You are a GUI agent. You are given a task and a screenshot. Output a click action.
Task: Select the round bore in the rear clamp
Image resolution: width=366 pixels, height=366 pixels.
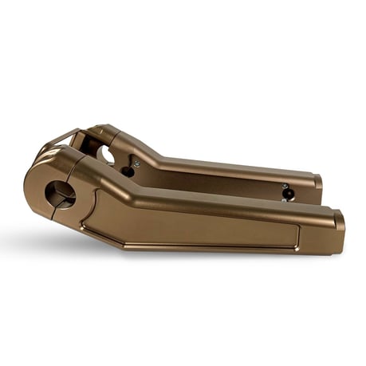[x=107, y=154]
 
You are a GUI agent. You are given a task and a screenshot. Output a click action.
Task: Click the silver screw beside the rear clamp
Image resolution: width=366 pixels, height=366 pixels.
[x=136, y=163]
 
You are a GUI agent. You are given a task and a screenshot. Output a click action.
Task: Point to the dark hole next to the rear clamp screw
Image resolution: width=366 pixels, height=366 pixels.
[x=128, y=171]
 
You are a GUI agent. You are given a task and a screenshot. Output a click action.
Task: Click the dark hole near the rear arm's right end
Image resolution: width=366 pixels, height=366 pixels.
[x=288, y=193]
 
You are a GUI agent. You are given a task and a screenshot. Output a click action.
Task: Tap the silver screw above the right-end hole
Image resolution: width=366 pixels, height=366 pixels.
[x=285, y=186]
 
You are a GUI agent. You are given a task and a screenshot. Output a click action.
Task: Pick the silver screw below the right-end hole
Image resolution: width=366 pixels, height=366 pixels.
[x=284, y=200]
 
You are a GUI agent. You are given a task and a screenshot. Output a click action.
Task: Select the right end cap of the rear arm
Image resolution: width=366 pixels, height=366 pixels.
[x=317, y=183]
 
